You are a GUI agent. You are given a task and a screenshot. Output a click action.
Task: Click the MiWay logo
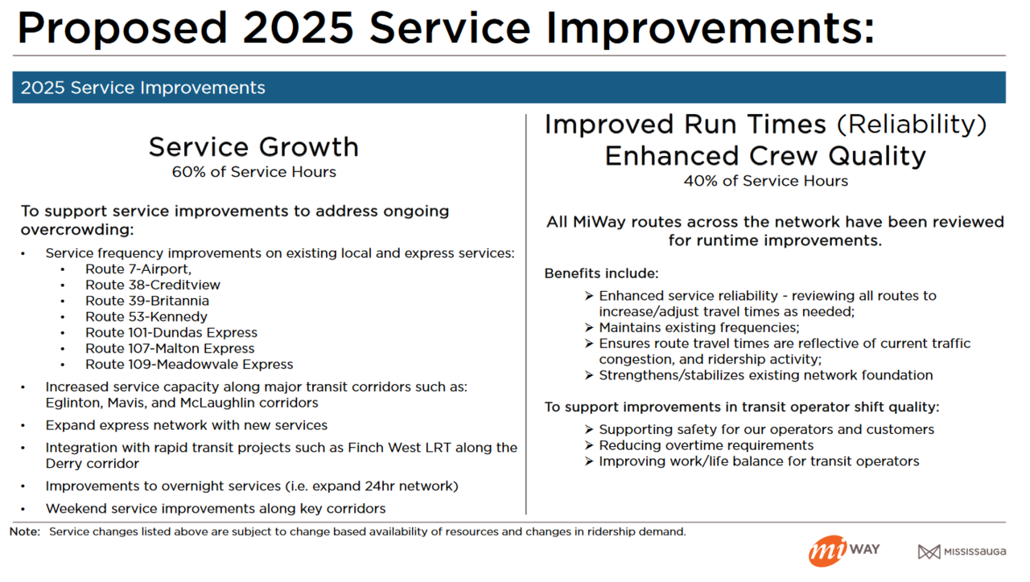pyautogui.click(x=843, y=551)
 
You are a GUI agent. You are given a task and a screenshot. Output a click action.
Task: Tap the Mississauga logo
pyautogui.click(x=962, y=551)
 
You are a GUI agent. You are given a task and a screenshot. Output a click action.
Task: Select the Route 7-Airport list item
pyautogui.click(x=138, y=269)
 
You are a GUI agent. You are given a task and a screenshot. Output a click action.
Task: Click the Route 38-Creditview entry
pyautogui.click(x=152, y=285)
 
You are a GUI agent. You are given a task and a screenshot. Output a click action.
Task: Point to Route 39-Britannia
pyautogui.click(x=146, y=301)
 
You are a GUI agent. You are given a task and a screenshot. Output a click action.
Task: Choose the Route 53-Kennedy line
pyautogui.click(x=146, y=317)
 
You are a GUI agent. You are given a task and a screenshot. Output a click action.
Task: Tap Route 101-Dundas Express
pyautogui.click(x=171, y=333)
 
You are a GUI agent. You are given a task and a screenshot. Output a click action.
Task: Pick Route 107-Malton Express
pyautogui.click(x=169, y=349)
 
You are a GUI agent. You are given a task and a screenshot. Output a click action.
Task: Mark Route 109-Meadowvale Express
pyautogui.click(x=188, y=364)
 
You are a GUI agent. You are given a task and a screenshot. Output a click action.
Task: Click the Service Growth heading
pyautogui.click(x=253, y=147)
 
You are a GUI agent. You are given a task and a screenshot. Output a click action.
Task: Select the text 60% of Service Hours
pyautogui.click(x=253, y=172)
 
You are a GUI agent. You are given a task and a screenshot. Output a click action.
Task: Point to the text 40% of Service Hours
pyautogui.click(x=765, y=181)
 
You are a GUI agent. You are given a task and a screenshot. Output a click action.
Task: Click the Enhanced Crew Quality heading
pyautogui.click(x=765, y=155)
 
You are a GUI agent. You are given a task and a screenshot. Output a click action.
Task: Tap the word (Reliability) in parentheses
pyautogui.click(x=911, y=125)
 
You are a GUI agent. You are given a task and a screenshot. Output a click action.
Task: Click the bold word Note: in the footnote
pyautogui.click(x=25, y=531)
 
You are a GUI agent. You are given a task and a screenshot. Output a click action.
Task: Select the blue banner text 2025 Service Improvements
pyautogui.click(x=142, y=88)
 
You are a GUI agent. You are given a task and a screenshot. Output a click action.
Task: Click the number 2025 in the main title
pyautogui.click(x=298, y=28)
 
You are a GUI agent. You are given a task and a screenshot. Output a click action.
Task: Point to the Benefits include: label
pyautogui.click(x=601, y=273)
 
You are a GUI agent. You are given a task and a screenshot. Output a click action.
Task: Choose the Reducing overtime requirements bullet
pyautogui.click(x=706, y=445)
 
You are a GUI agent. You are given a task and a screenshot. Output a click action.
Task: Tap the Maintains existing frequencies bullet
pyautogui.click(x=698, y=327)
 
